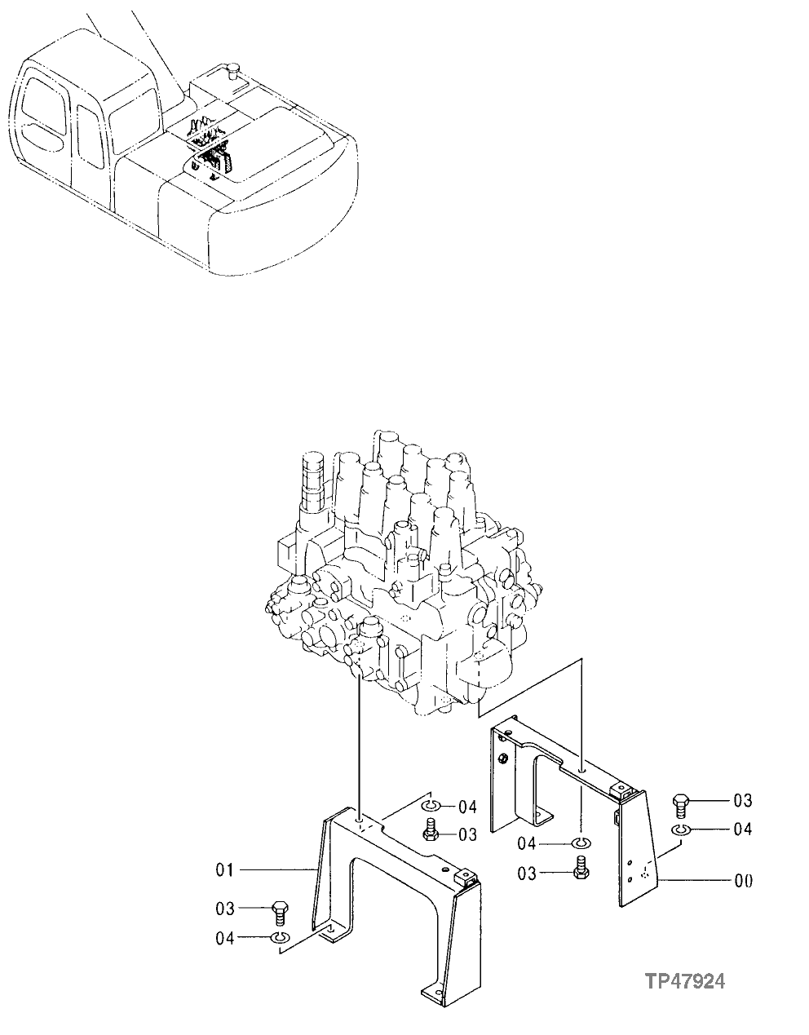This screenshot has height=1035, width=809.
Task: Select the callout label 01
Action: (225, 870)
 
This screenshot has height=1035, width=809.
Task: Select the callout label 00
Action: (743, 880)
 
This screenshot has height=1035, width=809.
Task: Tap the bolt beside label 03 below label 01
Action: (279, 910)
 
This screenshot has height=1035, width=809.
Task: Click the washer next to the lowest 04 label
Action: (279, 939)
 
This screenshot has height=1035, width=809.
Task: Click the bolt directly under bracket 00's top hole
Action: (581, 868)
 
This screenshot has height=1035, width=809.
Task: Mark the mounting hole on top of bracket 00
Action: (580, 768)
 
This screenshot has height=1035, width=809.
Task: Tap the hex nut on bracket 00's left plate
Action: (503, 759)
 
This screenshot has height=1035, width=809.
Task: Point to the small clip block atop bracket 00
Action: (624, 788)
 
